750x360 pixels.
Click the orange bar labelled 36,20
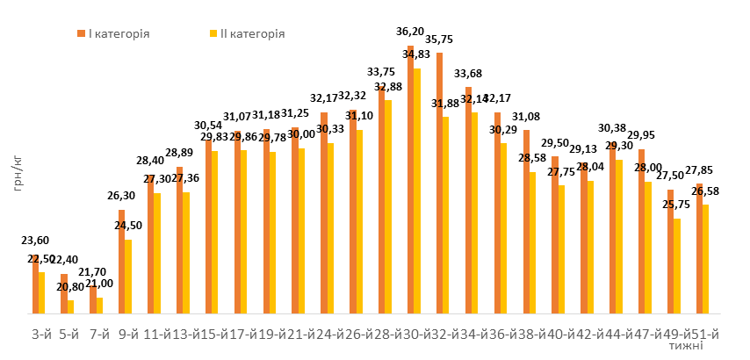click(410, 179)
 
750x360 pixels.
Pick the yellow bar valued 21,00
click(99, 305)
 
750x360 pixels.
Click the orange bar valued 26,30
click(121, 261)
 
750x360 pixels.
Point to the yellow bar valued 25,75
click(677, 265)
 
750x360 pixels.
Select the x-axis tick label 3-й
click(40, 335)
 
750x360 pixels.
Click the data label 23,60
click(35, 241)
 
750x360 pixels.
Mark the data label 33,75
click(380, 72)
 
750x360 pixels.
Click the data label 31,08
click(526, 117)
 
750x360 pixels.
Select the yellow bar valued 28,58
click(532, 242)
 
